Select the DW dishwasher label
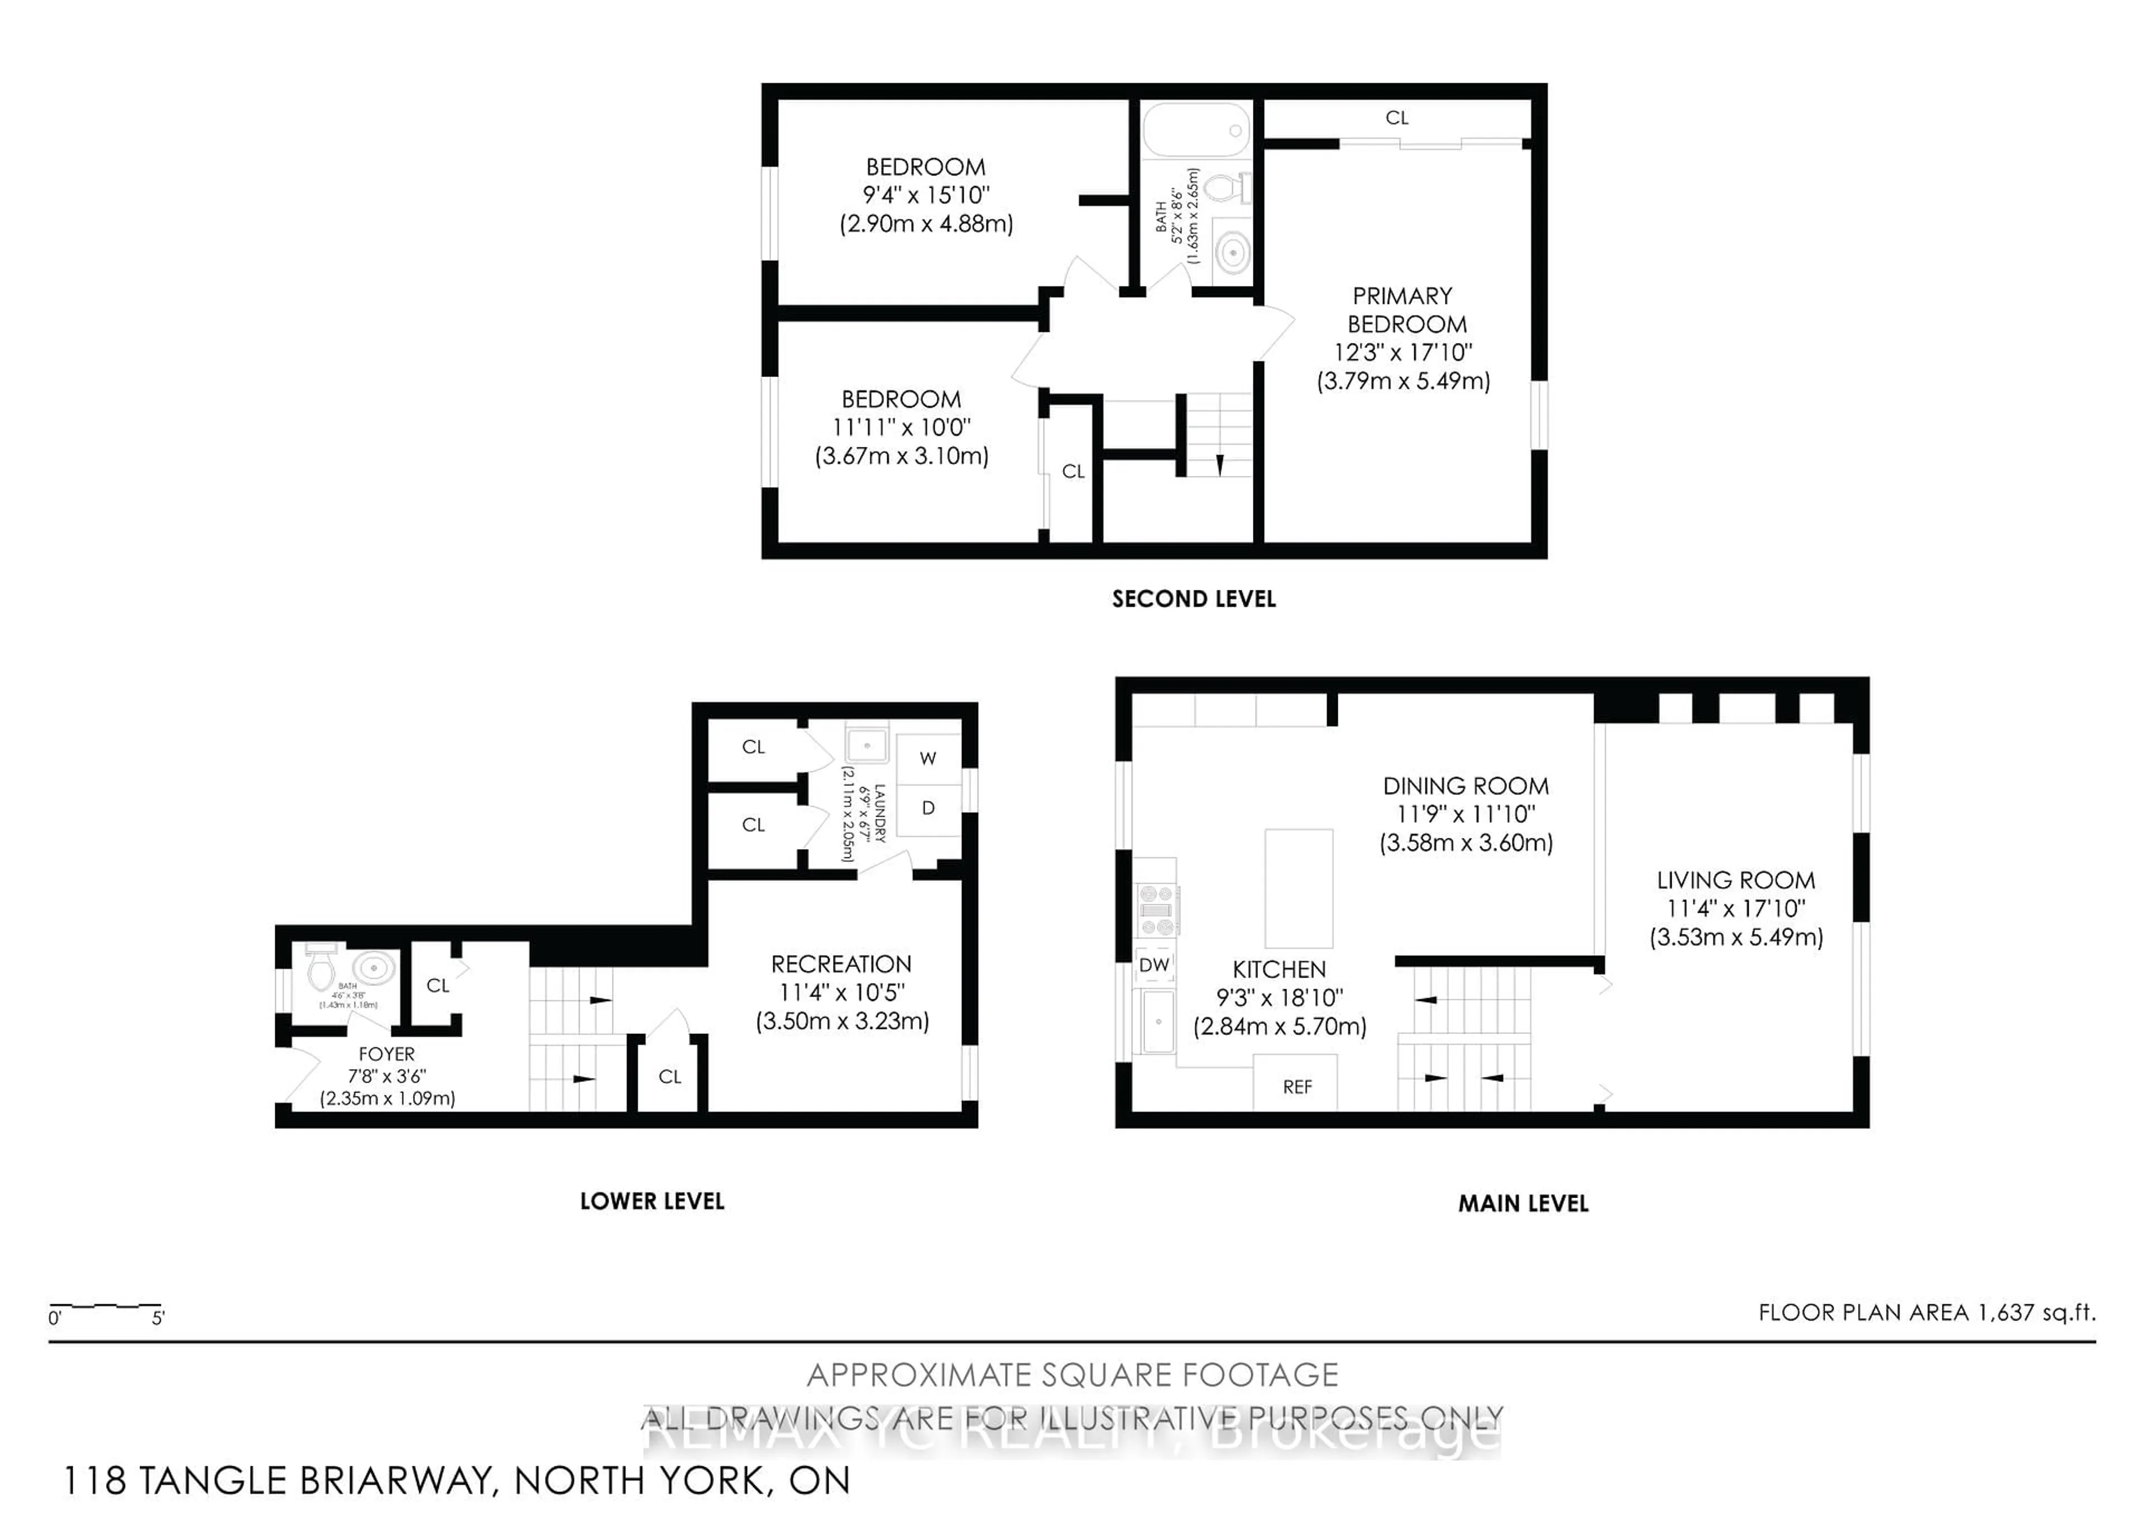click(1154, 965)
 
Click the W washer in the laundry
click(927, 759)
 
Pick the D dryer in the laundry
click(927, 808)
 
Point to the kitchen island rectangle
click(1298, 888)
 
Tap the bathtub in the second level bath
click(1196, 131)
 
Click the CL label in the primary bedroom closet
click(1396, 118)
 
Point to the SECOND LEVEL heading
click(1193, 599)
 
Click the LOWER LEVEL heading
click(652, 1201)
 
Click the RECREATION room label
click(840, 964)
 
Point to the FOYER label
click(386, 1053)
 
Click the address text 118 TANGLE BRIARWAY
click(276, 1480)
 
